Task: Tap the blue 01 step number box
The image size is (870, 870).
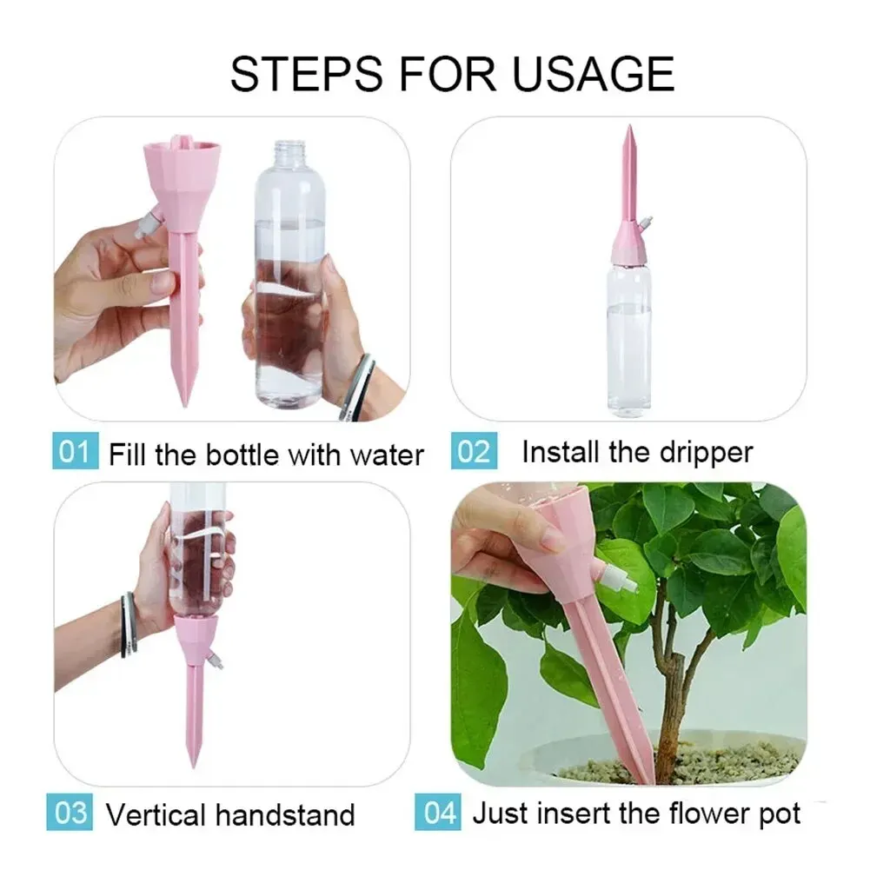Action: coord(75,453)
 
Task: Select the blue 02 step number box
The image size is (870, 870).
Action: coord(474,453)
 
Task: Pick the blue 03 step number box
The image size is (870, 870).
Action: coord(71,814)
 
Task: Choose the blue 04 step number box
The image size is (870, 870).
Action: coord(440,814)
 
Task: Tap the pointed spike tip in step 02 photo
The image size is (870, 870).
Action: coord(627,135)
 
